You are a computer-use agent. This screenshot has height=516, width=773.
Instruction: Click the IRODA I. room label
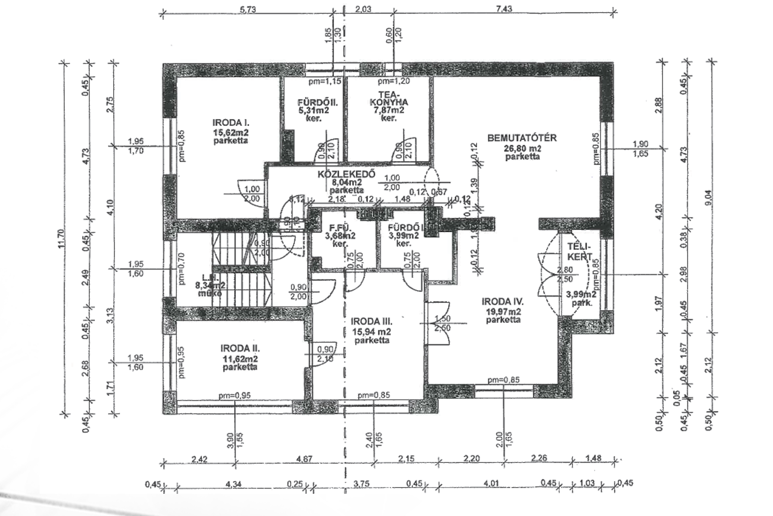click(x=231, y=122)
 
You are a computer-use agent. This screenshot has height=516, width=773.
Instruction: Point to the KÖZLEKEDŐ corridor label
click(x=346, y=174)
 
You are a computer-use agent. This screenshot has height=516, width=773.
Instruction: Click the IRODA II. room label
click(x=240, y=348)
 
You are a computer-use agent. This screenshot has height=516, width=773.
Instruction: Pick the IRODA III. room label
click(x=372, y=321)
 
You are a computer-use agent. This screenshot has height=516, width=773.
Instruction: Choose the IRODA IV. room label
click(x=503, y=302)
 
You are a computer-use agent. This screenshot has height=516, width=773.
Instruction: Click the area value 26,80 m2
click(x=522, y=148)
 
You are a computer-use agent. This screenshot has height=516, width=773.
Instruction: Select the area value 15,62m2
click(x=231, y=132)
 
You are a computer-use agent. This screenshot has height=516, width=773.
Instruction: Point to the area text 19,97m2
click(x=503, y=311)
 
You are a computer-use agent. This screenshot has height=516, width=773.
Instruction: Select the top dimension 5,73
click(x=247, y=9)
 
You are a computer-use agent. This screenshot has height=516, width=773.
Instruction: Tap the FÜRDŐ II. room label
click(x=317, y=102)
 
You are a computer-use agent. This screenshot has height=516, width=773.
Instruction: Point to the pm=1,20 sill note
click(x=395, y=81)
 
